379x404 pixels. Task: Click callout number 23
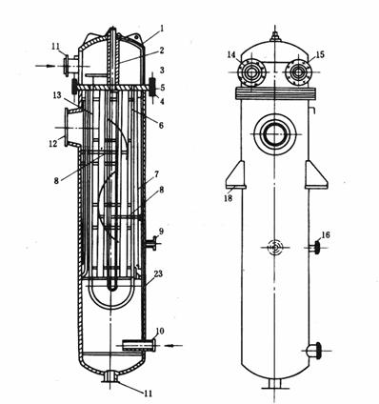tap(158, 273)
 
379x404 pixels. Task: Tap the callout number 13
tap(57, 95)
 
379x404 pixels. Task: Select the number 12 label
tap(53, 143)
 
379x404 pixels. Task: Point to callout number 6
tap(161, 126)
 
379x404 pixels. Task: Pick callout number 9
tap(161, 231)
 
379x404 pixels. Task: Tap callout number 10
tap(160, 332)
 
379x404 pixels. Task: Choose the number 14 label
tap(231, 54)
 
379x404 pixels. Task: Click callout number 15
tap(320, 54)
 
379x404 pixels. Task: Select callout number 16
tap(326, 234)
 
